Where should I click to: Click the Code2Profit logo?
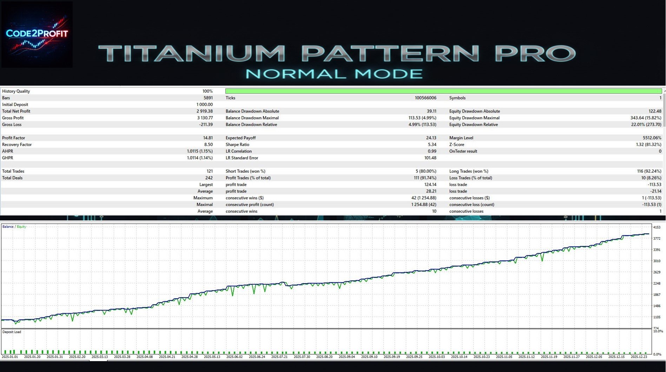click(37, 34)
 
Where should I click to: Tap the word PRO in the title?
click(535, 53)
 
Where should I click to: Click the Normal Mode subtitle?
click(334, 74)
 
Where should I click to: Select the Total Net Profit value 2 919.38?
click(204, 111)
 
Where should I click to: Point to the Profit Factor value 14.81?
click(208, 138)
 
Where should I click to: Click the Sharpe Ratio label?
click(237, 145)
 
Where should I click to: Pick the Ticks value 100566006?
click(426, 98)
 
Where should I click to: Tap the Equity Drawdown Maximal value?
click(646, 118)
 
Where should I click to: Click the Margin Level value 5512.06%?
click(652, 138)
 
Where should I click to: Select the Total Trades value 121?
click(210, 171)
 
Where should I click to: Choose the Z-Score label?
click(456, 145)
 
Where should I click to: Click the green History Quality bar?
click(444, 91)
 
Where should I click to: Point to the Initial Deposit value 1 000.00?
click(204, 105)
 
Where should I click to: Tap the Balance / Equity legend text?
click(14, 227)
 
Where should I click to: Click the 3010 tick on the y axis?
click(657, 261)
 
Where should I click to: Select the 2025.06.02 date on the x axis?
click(235, 357)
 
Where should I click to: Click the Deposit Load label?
click(12, 332)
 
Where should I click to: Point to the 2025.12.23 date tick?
click(639, 357)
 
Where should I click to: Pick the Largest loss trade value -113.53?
click(654, 185)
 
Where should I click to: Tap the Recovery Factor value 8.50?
click(208, 145)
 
